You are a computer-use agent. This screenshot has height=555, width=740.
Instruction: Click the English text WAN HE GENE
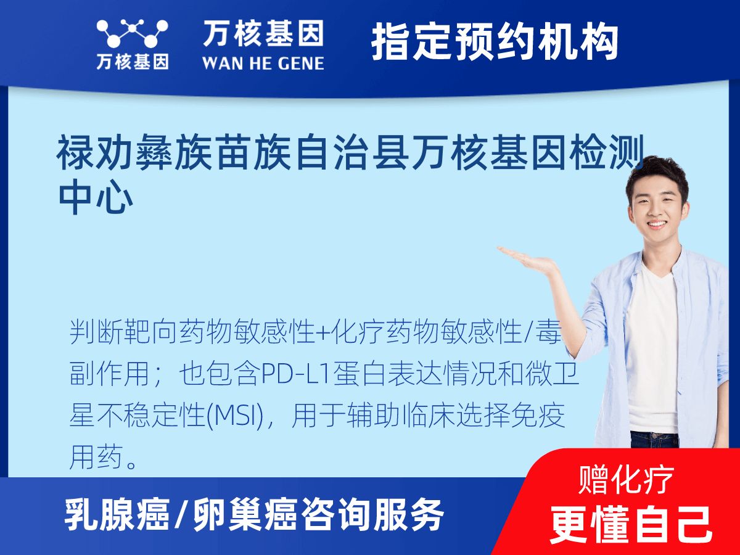[x=263, y=64]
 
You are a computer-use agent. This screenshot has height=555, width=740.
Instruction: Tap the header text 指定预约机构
[x=495, y=42]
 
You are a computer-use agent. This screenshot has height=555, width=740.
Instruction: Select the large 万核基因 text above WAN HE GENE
[x=263, y=34]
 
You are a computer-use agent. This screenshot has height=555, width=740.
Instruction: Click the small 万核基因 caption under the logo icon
[x=132, y=62]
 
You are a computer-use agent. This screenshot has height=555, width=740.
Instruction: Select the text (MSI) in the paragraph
[x=238, y=417]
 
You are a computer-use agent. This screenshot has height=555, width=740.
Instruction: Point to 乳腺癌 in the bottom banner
[x=117, y=515]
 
